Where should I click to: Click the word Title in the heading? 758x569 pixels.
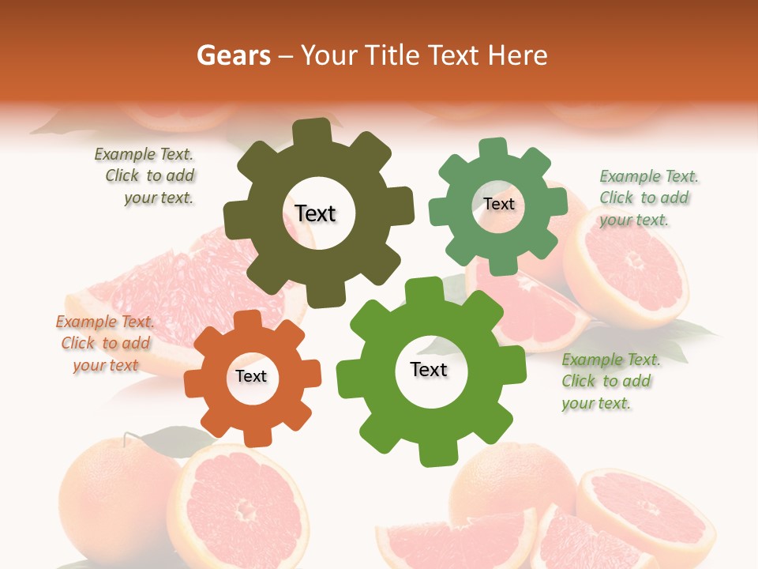pyautogui.click(x=393, y=55)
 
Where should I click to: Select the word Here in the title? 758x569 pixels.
pyautogui.click(x=517, y=55)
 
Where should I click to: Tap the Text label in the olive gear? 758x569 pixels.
pyautogui.click(x=315, y=213)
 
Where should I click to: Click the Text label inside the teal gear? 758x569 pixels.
pyautogui.click(x=498, y=204)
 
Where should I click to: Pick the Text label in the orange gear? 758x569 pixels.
pyautogui.click(x=251, y=376)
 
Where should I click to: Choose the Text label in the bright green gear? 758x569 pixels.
pyautogui.click(x=429, y=369)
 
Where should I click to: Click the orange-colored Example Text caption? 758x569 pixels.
pyautogui.click(x=105, y=344)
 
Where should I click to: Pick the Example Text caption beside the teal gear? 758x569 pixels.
pyautogui.click(x=647, y=198)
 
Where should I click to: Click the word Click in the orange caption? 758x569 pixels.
pyautogui.click(x=78, y=344)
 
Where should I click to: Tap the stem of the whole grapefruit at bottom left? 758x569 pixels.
pyautogui.click(x=126, y=437)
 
